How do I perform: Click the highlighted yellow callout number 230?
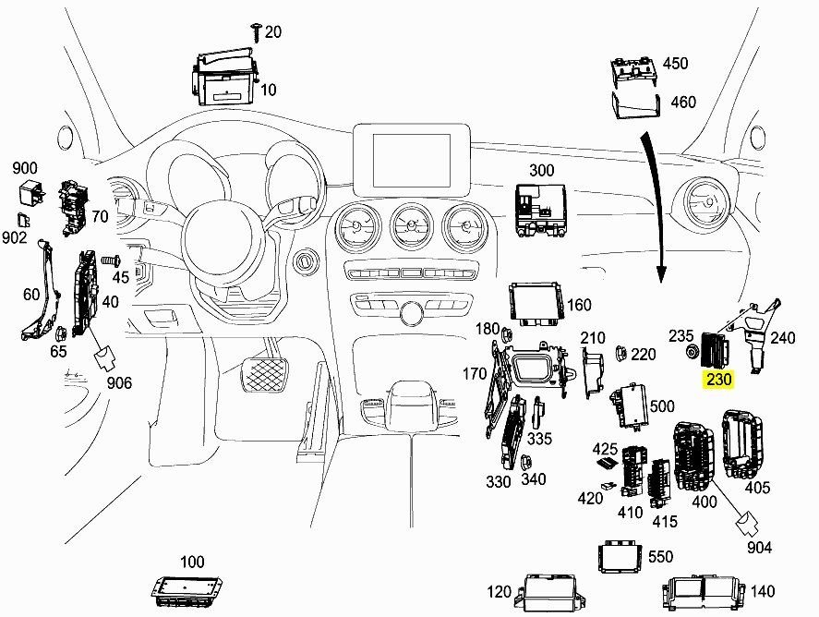pyautogui.click(x=718, y=379)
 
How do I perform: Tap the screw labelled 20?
pyautogui.click(x=256, y=32)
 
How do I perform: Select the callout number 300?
pyautogui.click(x=542, y=170)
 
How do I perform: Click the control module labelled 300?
pyautogui.click(x=540, y=210)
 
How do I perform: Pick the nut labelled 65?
pyautogui.click(x=59, y=333)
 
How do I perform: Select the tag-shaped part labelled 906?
pyautogui.click(x=105, y=357)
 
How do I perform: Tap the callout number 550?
pyautogui.click(x=660, y=557)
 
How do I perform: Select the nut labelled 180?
pyautogui.click(x=506, y=333)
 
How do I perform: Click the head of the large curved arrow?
pyautogui.click(x=661, y=273)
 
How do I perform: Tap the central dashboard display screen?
pyautogui.click(x=412, y=160)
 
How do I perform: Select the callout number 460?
pyautogui.click(x=682, y=102)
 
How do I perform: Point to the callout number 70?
pyautogui.click(x=100, y=216)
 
